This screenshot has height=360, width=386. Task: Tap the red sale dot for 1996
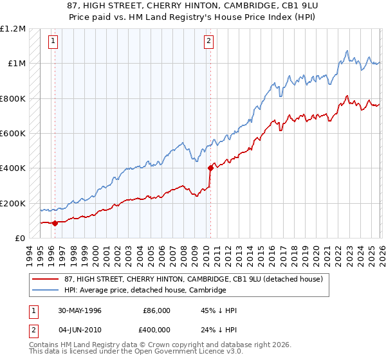[x=55, y=223]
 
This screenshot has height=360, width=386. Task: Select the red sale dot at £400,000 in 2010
[x=210, y=168]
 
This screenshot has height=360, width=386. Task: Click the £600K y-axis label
[x=12, y=134]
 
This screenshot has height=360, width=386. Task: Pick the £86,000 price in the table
[x=156, y=310]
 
